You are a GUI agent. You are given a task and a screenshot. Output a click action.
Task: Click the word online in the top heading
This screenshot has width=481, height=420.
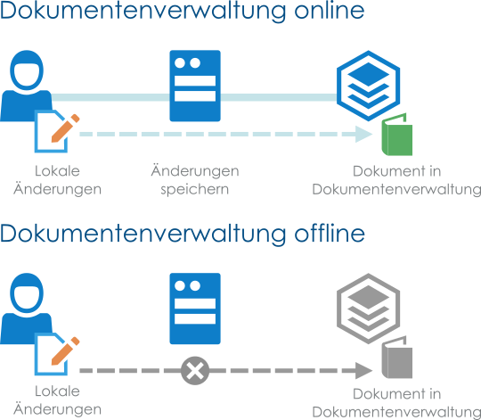[330, 11]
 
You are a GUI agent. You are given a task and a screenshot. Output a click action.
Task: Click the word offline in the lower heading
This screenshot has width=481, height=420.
[330, 234]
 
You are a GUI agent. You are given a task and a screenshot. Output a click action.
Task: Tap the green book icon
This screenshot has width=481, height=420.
[396, 135]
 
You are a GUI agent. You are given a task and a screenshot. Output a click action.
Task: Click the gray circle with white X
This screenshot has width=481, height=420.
[195, 371]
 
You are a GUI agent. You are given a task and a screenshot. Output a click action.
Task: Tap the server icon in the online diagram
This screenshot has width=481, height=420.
[195, 86]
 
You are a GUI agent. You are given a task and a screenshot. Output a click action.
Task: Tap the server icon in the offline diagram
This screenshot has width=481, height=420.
[195, 309]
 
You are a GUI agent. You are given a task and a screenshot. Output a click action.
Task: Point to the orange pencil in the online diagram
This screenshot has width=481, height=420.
[65, 128]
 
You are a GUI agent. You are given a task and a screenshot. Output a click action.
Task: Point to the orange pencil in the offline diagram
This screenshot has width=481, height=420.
[65, 351]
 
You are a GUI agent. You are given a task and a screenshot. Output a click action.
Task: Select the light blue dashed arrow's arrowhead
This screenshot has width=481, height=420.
[363, 134]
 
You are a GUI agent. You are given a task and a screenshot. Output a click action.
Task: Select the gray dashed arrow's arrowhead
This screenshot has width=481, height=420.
[363, 371]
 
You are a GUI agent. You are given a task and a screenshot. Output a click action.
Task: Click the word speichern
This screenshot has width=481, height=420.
[195, 190]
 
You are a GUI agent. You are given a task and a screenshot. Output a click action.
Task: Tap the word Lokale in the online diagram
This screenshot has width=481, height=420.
[57, 171]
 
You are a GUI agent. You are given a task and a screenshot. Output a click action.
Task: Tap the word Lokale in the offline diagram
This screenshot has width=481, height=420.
[57, 391]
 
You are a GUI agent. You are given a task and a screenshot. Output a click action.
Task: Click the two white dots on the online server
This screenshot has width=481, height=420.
[187, 63]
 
